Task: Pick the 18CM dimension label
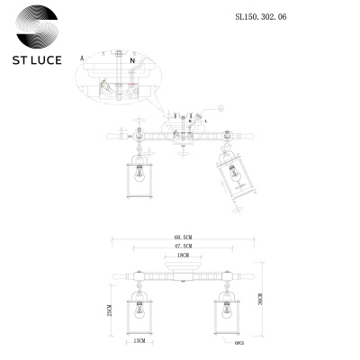(x=184, y=256)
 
